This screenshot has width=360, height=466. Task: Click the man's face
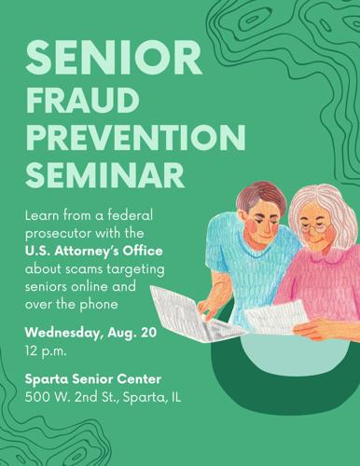[x=264, y=221]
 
